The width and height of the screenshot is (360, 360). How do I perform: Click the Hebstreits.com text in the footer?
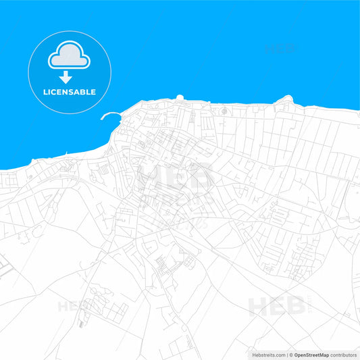click(x=265, y=355)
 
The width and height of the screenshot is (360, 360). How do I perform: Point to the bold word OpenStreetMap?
click(x=311, y=355)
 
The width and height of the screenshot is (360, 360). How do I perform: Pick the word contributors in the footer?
click(x=343, y=355)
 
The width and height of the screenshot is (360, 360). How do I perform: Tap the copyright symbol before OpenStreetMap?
click(x=291, y=355)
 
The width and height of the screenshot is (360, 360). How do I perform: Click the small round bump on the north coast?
click(x=180, y=98)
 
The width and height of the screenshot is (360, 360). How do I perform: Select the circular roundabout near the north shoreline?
click(x=224, y=110)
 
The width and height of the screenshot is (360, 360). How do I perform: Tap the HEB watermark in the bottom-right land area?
click(x=277, y=305)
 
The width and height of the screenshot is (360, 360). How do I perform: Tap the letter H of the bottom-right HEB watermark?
click(x=258, y=306)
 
